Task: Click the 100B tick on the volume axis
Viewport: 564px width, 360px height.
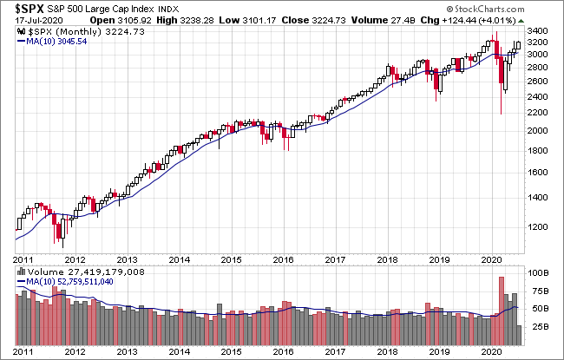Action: pos(540,272)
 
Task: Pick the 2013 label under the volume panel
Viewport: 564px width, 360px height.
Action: pos(127,351)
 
